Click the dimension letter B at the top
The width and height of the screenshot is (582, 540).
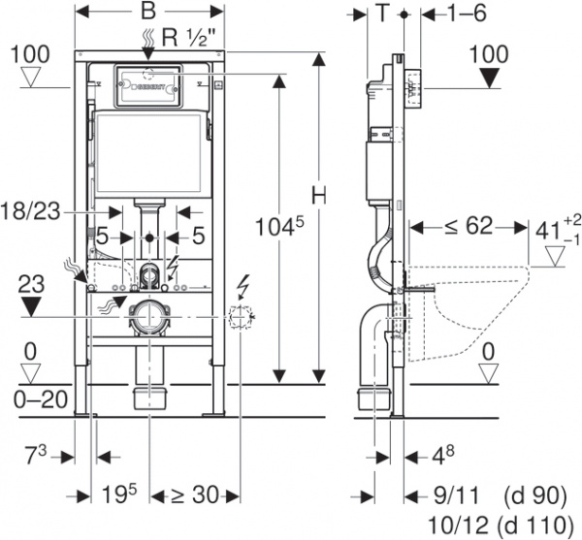(x=149, y=13)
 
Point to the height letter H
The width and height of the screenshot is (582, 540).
(x=316, y=193)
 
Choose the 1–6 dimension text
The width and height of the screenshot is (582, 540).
(x=467, y=13)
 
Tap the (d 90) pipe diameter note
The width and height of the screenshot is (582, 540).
(x=534, y=495)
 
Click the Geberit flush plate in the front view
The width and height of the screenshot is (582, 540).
(x=148, y=84)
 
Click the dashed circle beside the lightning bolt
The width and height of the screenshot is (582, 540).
(x=240, y=315)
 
